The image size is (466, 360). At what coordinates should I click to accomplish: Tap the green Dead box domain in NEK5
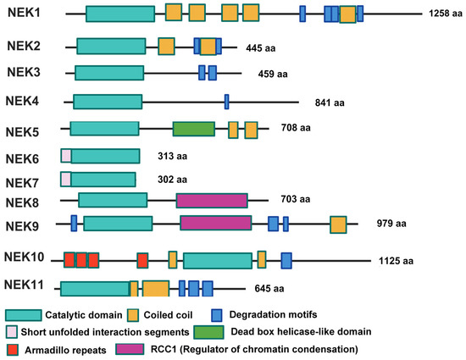tap(193, 129)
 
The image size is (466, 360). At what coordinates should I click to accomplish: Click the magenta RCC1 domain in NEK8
tap(212, 200)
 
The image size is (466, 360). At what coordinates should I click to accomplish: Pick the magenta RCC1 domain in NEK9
tap(215, 223)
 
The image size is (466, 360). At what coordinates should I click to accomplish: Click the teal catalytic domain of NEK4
tap(108, 102)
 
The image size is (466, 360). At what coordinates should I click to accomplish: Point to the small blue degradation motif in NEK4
tap(226, 102)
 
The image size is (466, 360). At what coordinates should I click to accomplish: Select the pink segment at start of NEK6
tap(65, 156)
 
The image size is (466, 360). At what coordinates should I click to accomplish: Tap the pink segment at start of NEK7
tap(65, 179)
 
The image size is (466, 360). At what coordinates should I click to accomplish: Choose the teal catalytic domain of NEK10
tap(217, 260)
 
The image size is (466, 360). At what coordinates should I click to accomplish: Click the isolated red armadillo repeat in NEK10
tap(142, 259)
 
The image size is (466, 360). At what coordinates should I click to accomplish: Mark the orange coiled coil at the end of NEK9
tap(338, 224)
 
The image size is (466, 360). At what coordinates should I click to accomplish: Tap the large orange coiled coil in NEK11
tap(156, 288)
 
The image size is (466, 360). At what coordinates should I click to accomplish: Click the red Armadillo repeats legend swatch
tap(12, 348)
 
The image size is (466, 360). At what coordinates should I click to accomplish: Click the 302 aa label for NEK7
tap(172, 180)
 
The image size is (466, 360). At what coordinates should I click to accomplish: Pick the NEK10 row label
tap(26, 258)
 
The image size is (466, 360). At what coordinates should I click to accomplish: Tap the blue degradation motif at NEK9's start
tap(75, 223)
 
